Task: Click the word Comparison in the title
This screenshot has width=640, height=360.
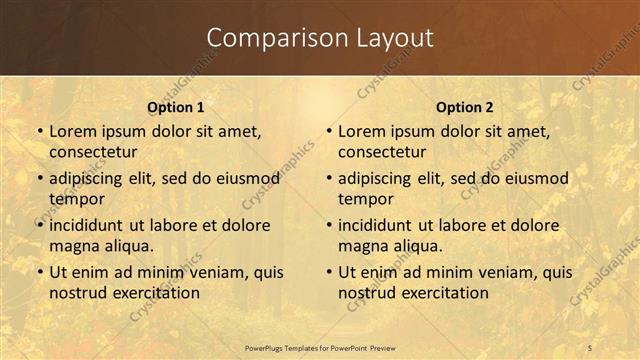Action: pos(266,38)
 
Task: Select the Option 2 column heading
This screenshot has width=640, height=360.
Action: pos(464,107)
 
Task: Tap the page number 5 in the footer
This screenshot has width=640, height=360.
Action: pos(590,347)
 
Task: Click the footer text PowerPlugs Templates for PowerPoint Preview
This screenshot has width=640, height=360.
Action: pos(320,347)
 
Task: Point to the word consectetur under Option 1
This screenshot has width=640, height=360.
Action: pos(93,152)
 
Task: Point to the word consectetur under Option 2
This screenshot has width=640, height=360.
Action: pos(382,152)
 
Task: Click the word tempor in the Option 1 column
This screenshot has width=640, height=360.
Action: pos(77,199)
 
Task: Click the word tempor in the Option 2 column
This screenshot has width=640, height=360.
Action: pos(366,199)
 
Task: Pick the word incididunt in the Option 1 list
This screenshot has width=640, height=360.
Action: pos(87,225)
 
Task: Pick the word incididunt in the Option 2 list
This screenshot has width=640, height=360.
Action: pos(376,225)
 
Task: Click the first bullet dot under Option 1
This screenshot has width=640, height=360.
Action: pos(40,132)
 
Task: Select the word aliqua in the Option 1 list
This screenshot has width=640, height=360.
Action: pos(126,246)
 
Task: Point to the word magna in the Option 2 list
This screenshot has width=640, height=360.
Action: pos(362,246)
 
